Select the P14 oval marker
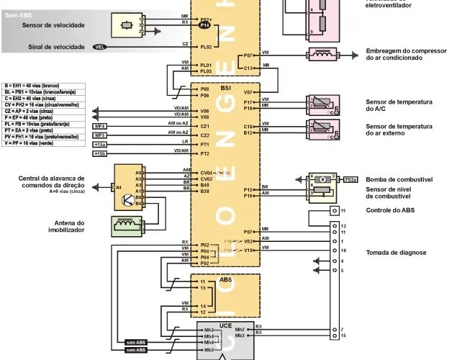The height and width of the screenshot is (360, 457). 204,25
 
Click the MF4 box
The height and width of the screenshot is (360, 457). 100,125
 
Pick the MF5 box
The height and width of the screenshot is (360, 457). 100,135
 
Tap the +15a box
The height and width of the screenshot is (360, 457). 100,145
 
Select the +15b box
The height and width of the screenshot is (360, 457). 100,153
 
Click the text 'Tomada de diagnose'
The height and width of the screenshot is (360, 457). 396,253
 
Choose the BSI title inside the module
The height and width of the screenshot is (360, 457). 226,87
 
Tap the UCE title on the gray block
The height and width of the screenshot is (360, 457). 225,325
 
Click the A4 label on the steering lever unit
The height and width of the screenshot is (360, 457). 119,187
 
